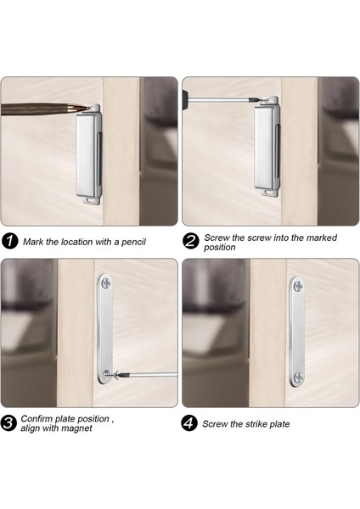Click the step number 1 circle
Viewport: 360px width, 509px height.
[9, 242]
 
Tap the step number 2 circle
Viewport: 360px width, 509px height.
[190, 242]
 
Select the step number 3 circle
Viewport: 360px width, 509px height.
[8, 423]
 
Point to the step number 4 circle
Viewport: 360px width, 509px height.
[189, 423]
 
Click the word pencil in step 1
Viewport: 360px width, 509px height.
[133, 242]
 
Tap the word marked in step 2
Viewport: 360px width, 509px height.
[321, 238]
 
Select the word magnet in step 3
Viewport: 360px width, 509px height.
[76, 428]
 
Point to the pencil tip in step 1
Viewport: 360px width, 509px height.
[88, 108]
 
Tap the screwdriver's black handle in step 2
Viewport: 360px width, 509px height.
[184, 97]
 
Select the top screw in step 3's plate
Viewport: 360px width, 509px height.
[105, 283]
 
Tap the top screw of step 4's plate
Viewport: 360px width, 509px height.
[298, 286]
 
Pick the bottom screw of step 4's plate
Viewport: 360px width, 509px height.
[298, 378]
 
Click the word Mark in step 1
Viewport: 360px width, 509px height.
[31, 242]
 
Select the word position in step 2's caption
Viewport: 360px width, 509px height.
[219, 248]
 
